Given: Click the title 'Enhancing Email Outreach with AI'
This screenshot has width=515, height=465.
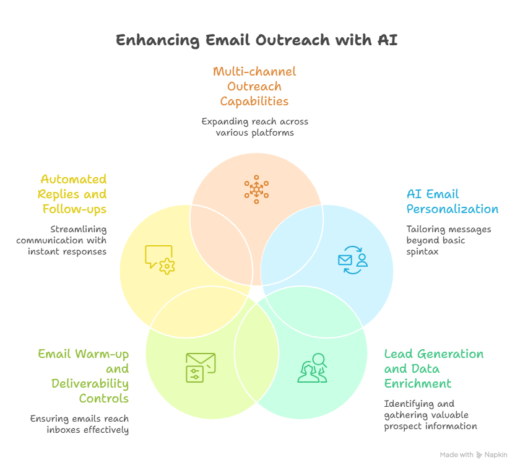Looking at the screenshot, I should [257, 41].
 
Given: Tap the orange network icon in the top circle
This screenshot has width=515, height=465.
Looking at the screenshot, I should [256, 189].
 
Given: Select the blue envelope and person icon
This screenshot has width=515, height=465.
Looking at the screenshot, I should [353, 261].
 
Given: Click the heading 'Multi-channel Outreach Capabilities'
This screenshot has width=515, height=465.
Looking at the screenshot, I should [254, 86].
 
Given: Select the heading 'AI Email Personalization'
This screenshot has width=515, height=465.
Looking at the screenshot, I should [452, 202].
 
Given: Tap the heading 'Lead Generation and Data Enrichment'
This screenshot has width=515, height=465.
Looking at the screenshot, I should [433, 368].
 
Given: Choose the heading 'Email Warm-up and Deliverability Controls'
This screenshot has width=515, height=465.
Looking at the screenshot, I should [84, 376].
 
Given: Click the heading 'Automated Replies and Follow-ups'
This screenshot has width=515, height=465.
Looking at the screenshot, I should [74, 194].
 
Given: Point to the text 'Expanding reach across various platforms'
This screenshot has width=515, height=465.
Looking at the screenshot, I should [254, 127].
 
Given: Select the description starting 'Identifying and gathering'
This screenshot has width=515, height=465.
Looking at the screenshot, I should [430, 415].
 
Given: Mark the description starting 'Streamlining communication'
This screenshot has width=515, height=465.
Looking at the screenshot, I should [61, 240].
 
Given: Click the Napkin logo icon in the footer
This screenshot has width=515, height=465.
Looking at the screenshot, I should [480, 455].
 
